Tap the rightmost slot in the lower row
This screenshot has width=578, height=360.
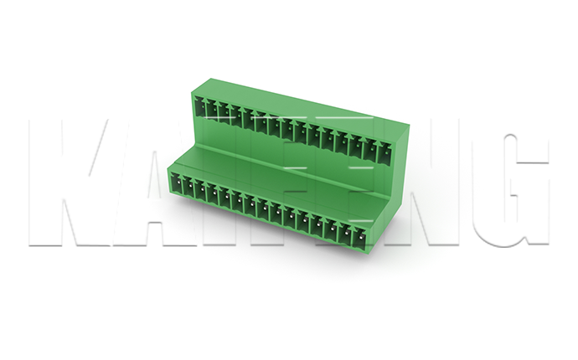359,238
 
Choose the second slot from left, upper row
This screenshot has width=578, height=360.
211,109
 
